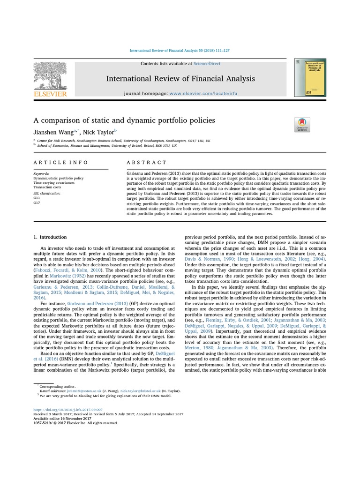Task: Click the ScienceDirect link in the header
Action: click(207, 64)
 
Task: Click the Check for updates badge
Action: click(302, 124)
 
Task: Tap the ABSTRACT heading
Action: click(146, 162)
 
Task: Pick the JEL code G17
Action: click(37, 203)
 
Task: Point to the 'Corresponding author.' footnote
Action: click(54, 385)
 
